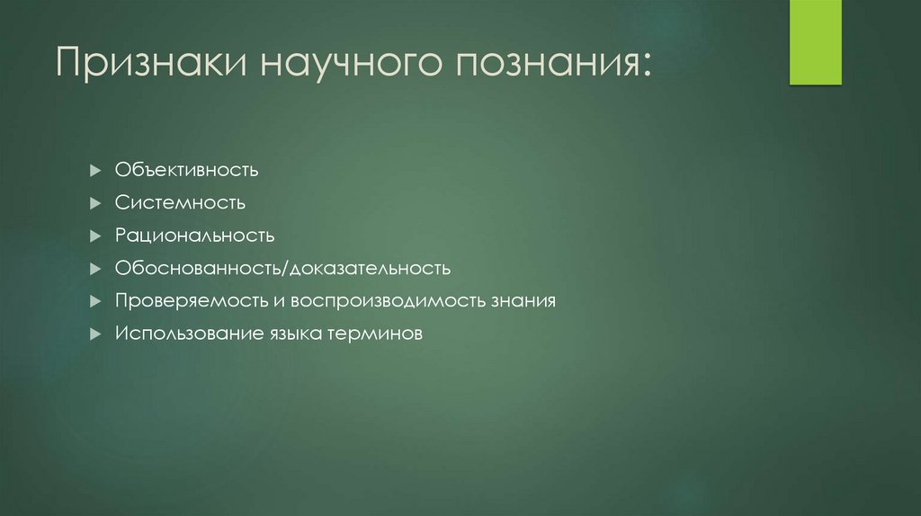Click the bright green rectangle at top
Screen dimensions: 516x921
[815, 42]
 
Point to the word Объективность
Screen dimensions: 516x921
[187, 170]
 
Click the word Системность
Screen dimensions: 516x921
[180, 202]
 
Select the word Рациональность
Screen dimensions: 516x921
[194, 236]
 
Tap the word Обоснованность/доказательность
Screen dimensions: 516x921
[282, 268]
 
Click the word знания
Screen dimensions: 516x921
[523, 301]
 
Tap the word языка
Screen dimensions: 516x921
[292, 334]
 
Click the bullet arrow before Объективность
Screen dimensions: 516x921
[96, 170]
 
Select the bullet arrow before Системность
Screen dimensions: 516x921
[96, 202]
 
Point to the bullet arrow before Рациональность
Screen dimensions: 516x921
[96, 236]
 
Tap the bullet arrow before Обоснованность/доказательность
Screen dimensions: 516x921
[96, 268]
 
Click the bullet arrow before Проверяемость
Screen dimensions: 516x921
[96, 301]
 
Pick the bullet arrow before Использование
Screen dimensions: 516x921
[96, 334]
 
